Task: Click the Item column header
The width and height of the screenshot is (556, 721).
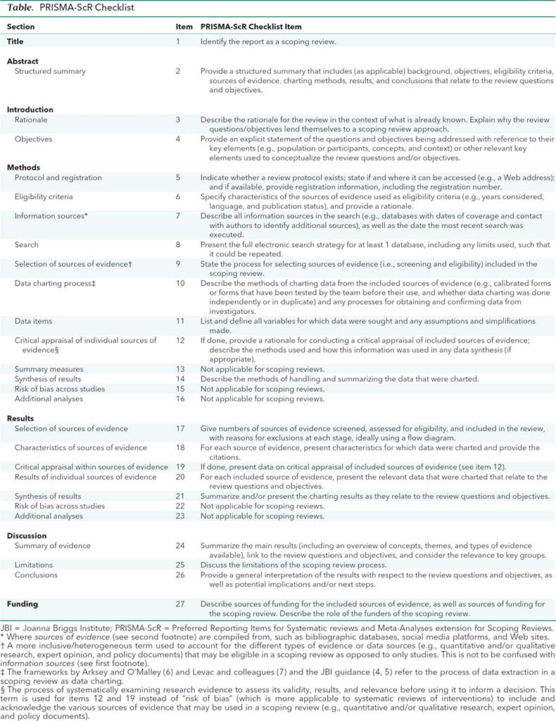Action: coord(184,26)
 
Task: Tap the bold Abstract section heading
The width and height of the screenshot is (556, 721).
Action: coord(23,61)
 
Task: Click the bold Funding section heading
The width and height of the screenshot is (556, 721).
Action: coord(23,603)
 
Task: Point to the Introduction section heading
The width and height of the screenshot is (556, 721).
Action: coord(30,110)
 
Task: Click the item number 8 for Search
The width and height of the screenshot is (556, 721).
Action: coord(179,245)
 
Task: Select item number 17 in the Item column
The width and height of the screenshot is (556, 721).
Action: coord(179,427)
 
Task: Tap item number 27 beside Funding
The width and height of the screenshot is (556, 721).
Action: coord(179,603)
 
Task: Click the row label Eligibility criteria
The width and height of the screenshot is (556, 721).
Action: coord(44,196)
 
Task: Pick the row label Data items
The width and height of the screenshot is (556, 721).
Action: coord(34,320)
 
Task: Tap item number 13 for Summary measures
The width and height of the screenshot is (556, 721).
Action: coord(179,369)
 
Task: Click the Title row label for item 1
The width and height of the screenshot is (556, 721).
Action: coord(15,42)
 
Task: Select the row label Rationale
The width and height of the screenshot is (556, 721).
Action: coord(31,120)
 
